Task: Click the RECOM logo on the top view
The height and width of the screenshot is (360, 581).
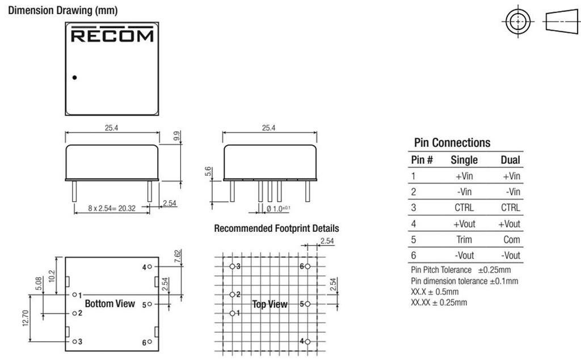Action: click(x=112, y=35)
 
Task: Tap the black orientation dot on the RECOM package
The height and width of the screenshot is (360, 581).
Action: click(x=74, y=78)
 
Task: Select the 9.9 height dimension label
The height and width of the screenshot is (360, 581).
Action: click(x=177, y=136)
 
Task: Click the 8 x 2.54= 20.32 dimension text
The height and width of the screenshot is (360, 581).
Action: click(x=112, y=208)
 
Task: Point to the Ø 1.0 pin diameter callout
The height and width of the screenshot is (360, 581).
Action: click(x=278, y=209)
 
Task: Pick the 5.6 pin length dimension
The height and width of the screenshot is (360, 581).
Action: click(x=208, y=171)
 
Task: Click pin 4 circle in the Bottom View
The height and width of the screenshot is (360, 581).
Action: click(x=150, y=266)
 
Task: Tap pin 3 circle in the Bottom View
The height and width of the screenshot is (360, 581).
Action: click(x=74, y=341)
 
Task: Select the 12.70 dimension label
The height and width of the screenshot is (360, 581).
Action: click(x=26, y=318)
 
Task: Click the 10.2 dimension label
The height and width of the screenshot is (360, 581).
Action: click(x=52, y=276)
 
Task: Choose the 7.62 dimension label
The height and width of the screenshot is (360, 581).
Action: click(x=178, y=256)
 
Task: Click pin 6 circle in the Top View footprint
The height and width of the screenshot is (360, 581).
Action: click(x=308, y=266)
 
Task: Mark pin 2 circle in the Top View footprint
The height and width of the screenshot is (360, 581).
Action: click(x=232, y=294)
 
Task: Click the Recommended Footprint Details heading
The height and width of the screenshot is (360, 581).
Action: click(x=276, y=228)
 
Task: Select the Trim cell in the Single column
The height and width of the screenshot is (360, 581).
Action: click(x=464, y=240)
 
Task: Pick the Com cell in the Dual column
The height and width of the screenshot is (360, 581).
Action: click(x=512, y=240)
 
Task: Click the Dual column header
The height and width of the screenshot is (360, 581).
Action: click(x=511, y=160)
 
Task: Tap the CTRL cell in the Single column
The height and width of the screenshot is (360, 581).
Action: click(x=464, y=207)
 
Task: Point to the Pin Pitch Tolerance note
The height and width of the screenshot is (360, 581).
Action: click(x=461, y=270)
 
